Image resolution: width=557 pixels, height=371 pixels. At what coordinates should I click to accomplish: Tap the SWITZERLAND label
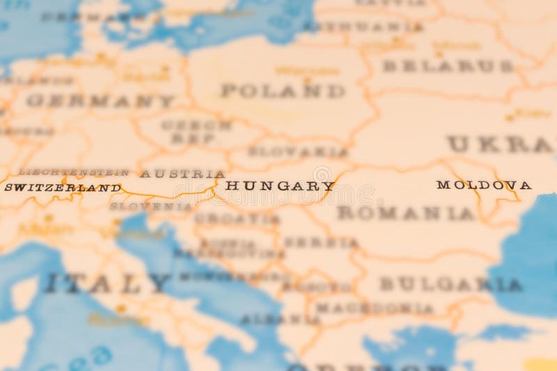click(62, 187)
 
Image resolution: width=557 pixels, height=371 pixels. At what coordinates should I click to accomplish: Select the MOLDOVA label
click(484, 185)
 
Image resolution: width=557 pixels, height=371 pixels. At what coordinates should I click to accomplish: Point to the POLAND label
click(283, 90)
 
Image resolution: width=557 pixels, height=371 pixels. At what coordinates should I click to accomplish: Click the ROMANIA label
click(405, 214)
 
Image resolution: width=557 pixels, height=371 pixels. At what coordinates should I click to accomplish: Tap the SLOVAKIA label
click(298, 151)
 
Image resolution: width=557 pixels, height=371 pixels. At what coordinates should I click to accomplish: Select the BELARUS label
click(448, 66)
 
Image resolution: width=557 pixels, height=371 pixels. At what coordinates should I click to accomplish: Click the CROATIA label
click(237, 219)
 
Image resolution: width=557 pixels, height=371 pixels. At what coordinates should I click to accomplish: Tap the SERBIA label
click(320, 242)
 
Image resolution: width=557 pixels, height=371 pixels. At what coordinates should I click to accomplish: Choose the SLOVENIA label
click(150, 206)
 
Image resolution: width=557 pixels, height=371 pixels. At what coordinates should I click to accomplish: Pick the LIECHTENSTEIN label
click(73, 172)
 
